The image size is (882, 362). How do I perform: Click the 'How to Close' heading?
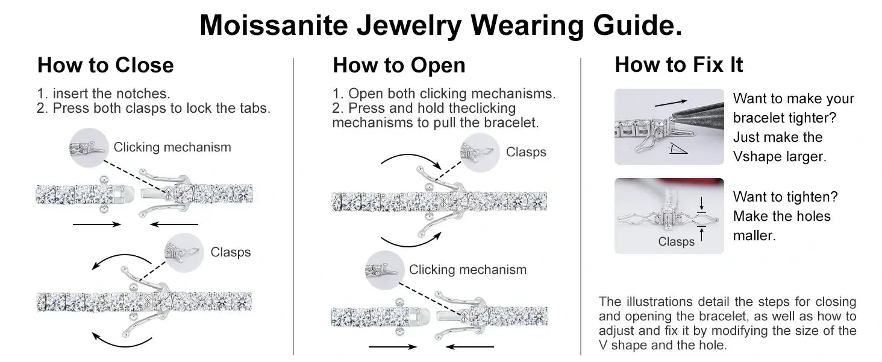[105, 65]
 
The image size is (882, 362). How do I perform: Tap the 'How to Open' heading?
[399, 65]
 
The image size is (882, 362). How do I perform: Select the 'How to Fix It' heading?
[678, 65]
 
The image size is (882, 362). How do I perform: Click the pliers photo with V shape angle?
[669, 127]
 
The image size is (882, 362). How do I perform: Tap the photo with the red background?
[669, 215]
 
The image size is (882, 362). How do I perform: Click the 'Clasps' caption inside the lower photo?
[676, 242]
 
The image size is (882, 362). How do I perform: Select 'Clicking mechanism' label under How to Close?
[172, 147]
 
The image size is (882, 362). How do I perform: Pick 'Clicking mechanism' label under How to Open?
[468, 270]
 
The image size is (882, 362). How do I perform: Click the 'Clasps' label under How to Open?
[526, 152]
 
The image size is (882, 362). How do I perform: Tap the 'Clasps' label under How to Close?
[230, 252]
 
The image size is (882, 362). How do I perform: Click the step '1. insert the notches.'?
[104, 94]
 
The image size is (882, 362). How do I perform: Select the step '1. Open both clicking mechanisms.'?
[443, 94]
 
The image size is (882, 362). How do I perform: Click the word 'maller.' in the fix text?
[754, 235]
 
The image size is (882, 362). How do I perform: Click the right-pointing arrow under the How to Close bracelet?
[96, 224]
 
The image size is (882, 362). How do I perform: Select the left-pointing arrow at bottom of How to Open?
[471, 347]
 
